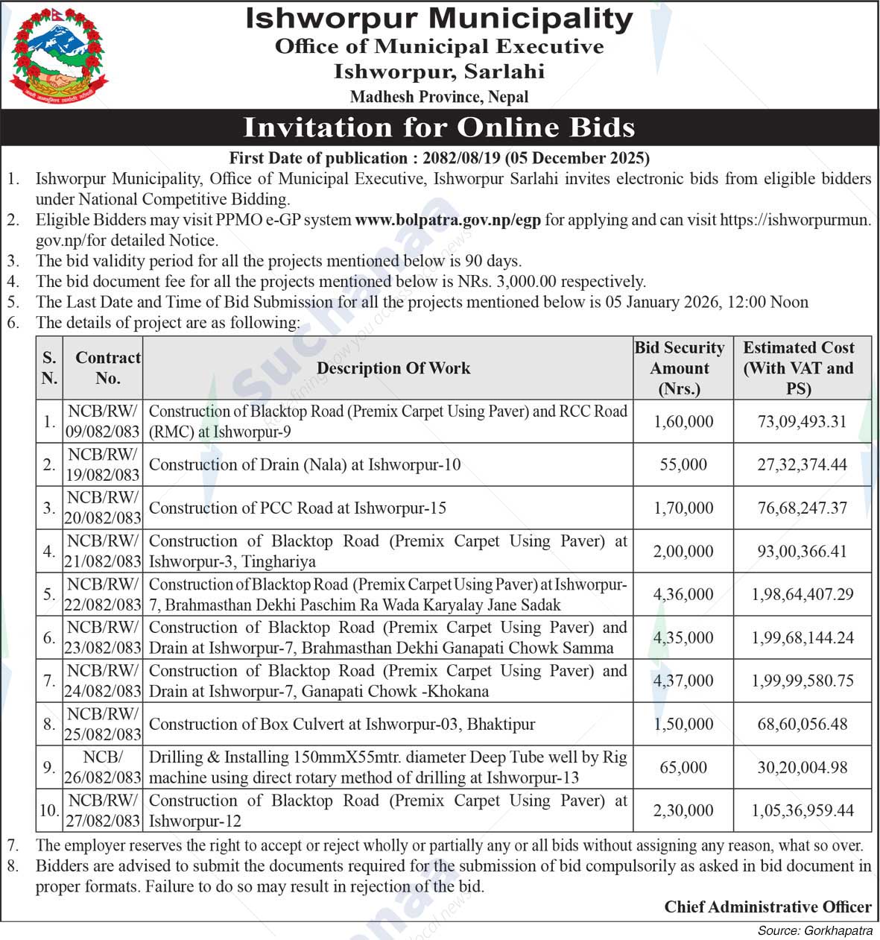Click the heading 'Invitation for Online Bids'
pos(439,127)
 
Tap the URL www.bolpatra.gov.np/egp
pos(448,220)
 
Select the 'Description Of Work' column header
pos(393,368)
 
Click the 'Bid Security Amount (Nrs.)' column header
pos(679,368)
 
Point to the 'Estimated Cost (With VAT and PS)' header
pos(798,368)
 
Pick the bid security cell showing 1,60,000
pos(683,421)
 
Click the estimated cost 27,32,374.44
pos(802,464)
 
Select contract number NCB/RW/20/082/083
pos(103,508)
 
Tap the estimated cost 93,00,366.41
pos(802,551)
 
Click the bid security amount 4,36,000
pos(683,594)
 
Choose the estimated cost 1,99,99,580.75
pos(802,681)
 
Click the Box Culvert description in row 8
pos(342,724)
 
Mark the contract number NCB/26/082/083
pos(103,767)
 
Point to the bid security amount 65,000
pos(683,767)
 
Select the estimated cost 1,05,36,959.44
pos(802,810)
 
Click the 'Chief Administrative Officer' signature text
pos(767,906)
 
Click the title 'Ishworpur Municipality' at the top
pos(439,19)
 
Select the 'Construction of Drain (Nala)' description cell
pos(305,464)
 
